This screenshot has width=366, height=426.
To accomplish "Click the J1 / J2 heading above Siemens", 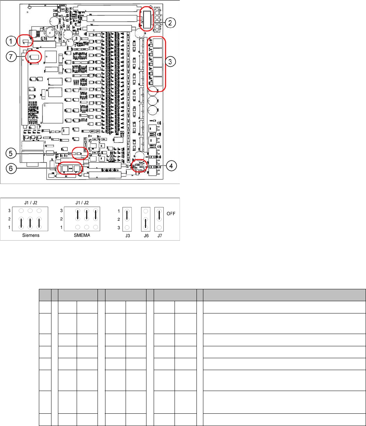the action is (30, 202).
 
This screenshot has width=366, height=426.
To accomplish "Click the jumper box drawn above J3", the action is (127, 219).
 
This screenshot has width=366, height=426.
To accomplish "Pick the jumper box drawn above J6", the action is (146, 219).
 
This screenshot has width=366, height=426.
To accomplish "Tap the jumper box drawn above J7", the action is (159, 219).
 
